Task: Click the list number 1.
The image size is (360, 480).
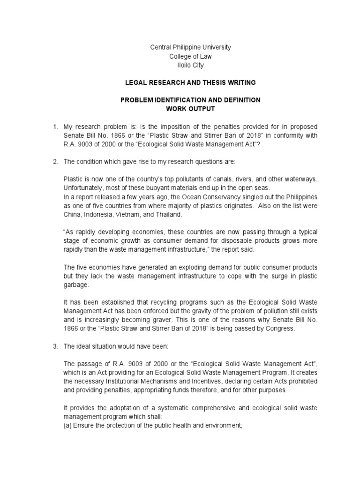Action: (x=54, y=127)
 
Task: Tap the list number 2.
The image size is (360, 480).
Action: (x=54, y=162)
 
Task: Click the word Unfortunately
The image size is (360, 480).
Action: (x=85, y=188)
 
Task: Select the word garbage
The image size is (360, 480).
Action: (x=75, y=285)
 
